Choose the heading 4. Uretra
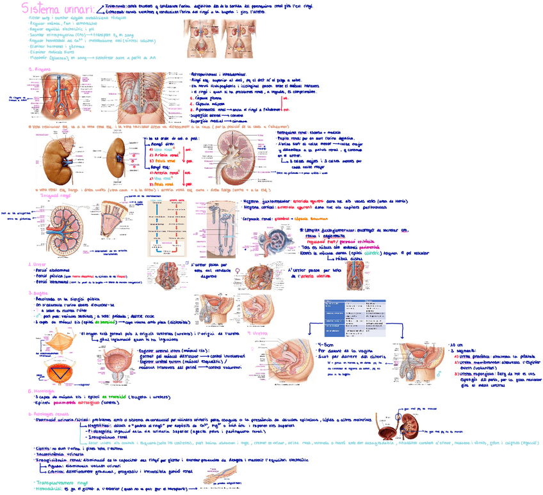tap(259, 333)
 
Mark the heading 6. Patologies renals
tap(51, 414)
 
